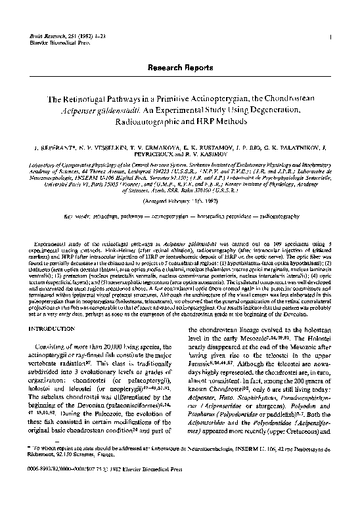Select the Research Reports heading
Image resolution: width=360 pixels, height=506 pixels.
[x=180, y=68]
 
